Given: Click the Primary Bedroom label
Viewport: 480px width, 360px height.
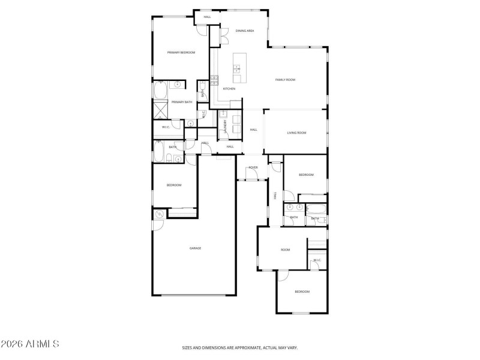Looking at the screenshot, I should pyautogui.click(x=181, y=53).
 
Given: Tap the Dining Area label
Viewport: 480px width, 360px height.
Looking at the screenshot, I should pyautogui.click(x=245, y=31).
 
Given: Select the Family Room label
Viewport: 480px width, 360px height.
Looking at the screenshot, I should pyautogui.click(x=285, y=80).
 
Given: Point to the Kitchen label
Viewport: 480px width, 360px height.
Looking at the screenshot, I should pyautogui.click(x=229, y=89).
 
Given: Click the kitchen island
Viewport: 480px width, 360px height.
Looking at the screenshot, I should pyautogui.click(x=237, y=67).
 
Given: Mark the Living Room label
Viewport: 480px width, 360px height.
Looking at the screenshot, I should pyautogui.click(x=296, y=133).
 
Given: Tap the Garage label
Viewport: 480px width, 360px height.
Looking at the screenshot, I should pyautogui.click(x=195, y=248).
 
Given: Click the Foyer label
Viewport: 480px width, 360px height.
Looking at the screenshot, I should pyautogui.click(x=253, y=167).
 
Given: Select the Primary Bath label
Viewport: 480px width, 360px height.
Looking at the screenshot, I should pyautogui.click(x=182, y=102).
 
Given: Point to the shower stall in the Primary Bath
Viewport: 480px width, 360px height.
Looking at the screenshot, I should pyautogui.click(x=161, y=110).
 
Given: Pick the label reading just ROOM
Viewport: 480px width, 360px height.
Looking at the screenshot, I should pyautogui.click(x=285, y=250).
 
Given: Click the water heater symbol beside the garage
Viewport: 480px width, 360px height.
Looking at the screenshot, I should pyautogui.click(x=160, y=214).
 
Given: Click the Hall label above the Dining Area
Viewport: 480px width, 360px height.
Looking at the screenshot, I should pyautogui.click(x=207, y=17).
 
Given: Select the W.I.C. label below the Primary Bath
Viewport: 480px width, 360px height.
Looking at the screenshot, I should pyautogui.click(x=166, y=127).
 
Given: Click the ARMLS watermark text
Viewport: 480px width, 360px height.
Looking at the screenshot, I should pyautogui.click(x=29, y=344).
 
